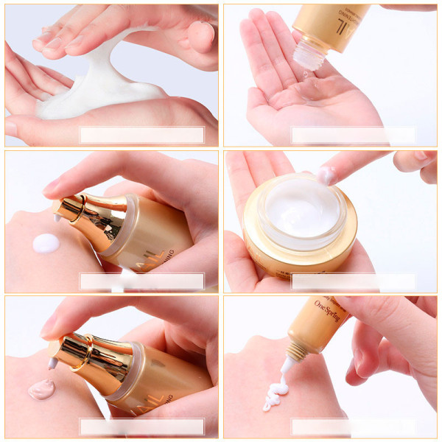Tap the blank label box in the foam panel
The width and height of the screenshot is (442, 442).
141,134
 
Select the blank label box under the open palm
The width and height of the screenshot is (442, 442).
354,135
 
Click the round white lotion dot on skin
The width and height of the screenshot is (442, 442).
46,243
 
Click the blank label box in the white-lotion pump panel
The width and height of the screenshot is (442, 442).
141,281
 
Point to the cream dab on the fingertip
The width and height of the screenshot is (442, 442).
326,175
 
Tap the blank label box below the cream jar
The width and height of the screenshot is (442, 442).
354,281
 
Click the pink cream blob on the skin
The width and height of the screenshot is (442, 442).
42,389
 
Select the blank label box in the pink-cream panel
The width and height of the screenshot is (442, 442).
141,426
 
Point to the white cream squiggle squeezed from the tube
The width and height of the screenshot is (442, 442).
277,390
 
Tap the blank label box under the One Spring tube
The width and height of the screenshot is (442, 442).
354,426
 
